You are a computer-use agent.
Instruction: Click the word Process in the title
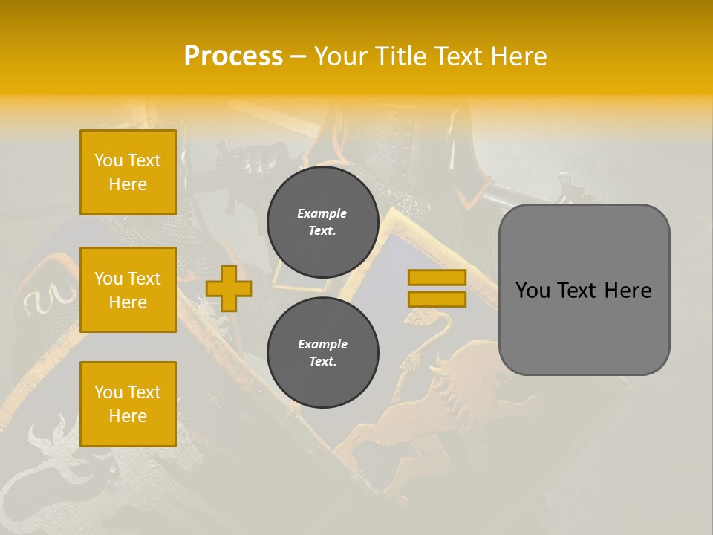coord(233,56)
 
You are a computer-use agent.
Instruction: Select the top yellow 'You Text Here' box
coord(128,172)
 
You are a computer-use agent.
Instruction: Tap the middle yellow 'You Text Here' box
coord(128,290)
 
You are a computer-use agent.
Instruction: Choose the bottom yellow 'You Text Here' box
coord(128,404)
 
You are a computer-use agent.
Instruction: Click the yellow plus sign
coord(229,288)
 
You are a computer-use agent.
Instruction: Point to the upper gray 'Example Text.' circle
coord(322,222)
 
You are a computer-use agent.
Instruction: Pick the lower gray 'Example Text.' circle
coord(322,353)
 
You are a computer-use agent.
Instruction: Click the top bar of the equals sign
coord(437,278)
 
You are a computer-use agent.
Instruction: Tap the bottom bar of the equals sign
coord(437,299)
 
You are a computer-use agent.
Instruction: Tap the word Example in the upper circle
coord(322,214)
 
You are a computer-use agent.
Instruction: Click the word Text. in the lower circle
coord(322,362)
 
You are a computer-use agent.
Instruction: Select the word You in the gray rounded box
coord(533,291)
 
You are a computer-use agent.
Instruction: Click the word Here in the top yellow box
coord(128,184)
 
